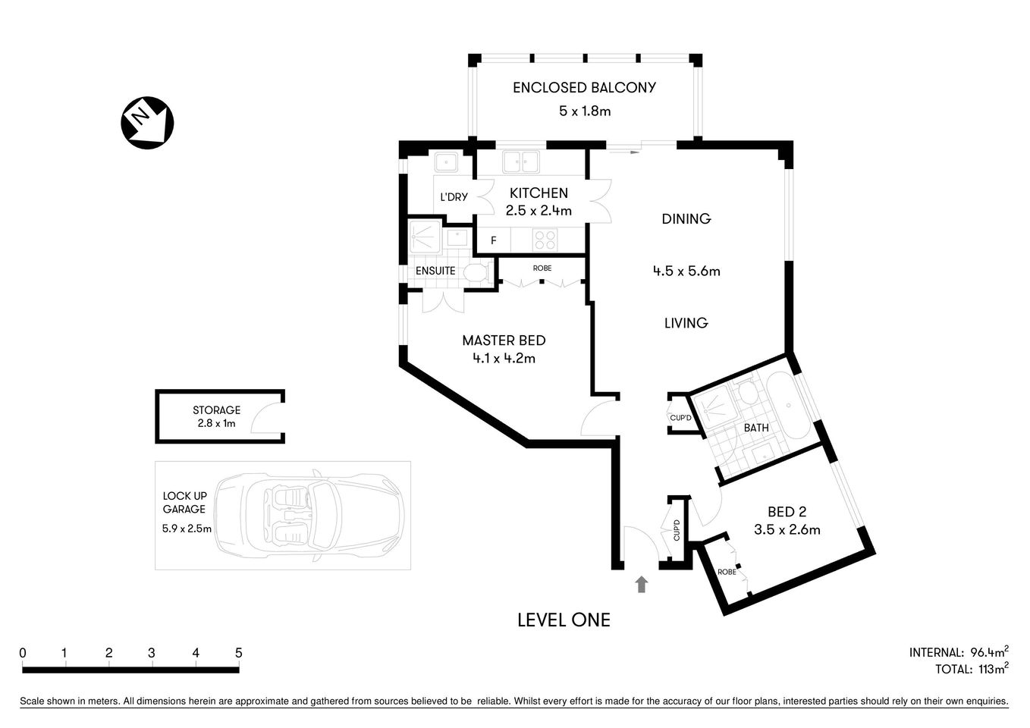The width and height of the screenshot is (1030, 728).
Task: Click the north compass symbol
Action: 147,122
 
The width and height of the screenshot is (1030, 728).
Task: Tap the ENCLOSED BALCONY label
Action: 584,87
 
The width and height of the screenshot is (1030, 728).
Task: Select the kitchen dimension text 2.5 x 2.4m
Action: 539,211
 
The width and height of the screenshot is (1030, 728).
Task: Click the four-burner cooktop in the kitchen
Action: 545,240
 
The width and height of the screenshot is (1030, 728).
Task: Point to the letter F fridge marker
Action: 493,241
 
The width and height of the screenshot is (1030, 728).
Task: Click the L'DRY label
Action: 454,197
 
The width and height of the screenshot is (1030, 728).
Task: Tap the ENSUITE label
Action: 435,271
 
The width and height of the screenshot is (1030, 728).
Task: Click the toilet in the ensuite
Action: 476,273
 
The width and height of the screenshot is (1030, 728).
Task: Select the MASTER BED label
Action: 504,340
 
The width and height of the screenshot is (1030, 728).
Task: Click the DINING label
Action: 686,219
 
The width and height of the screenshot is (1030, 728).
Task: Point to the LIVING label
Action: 686,323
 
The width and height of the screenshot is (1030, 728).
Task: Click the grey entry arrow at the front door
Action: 642,584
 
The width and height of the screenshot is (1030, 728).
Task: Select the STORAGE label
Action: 216,410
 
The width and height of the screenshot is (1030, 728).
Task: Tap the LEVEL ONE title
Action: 563,620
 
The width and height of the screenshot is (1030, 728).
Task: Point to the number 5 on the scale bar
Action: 238,653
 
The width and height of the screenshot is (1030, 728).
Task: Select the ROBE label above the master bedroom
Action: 542,268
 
